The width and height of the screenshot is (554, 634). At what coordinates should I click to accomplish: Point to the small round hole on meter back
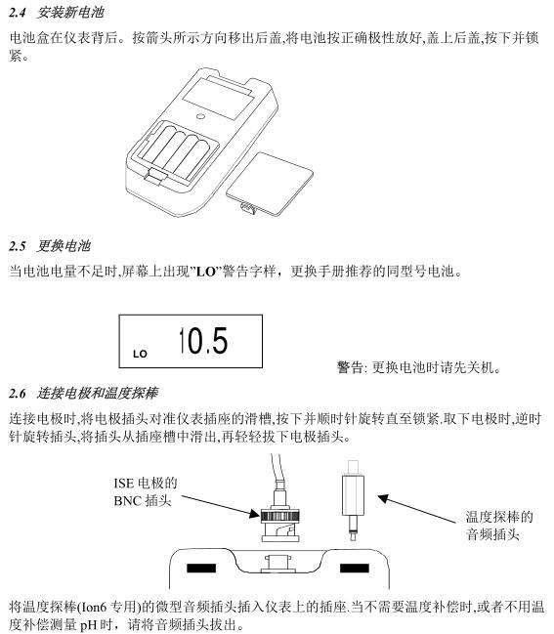(x=199, y=114)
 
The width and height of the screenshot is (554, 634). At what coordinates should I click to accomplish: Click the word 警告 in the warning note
(x=350, y=368)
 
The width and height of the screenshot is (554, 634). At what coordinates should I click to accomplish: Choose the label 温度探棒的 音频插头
(x=498, y=525)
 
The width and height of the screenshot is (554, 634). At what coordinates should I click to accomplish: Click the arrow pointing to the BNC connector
(x=210, y=502)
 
